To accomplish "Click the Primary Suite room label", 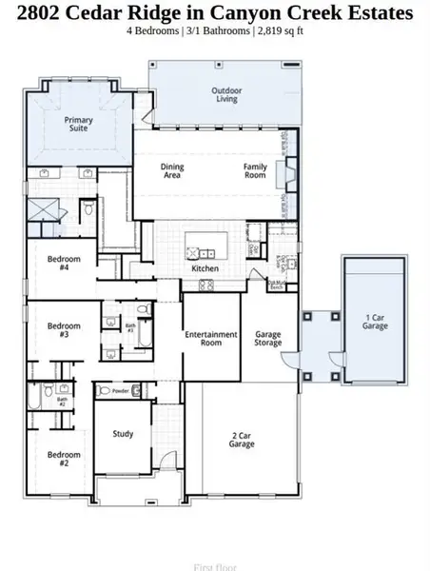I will coord(78,124).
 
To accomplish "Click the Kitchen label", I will coord(205,268).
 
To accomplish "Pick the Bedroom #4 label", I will coord(66,263).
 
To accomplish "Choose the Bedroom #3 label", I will coord(63,330).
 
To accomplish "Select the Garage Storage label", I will coord(268,338).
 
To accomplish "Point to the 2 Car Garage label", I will coord(243,441).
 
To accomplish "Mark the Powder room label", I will coord(120,390).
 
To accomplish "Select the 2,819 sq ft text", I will coord(283,30).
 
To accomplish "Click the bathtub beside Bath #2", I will coord(36,395).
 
